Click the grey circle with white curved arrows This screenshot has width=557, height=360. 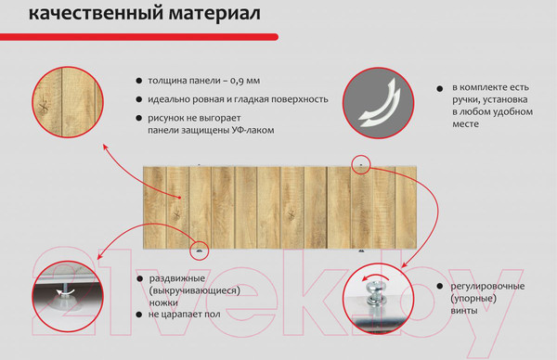(380, 104)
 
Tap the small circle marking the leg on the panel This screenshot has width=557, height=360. (198, 250)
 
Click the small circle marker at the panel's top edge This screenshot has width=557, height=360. (362, 164)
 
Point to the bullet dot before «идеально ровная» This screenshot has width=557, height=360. (139, 99)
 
